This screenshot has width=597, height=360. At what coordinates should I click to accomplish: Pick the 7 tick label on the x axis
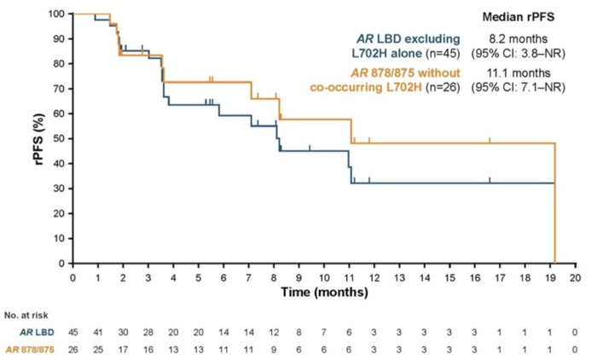249,278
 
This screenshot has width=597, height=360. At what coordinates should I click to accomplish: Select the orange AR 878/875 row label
38,349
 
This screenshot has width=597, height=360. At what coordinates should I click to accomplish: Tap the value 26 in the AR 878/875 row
72,349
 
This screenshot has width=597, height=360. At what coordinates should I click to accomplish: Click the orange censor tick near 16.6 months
490,140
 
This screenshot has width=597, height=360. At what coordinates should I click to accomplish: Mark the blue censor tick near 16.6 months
490,179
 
